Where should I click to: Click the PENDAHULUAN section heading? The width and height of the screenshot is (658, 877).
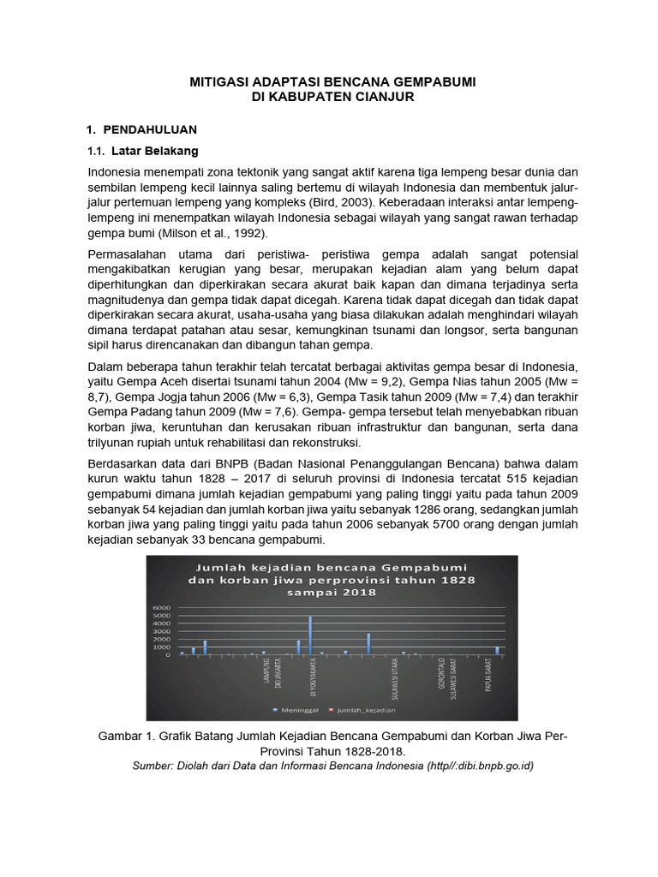150,129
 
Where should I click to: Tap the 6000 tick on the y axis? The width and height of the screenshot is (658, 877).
164,609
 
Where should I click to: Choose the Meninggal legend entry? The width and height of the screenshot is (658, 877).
298,710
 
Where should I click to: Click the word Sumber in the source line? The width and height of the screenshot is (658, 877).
152,766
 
